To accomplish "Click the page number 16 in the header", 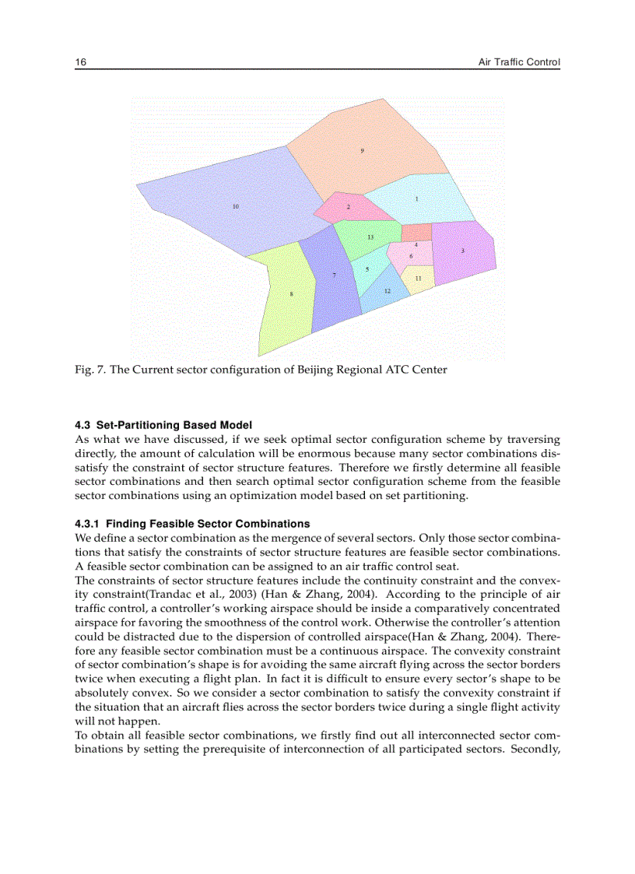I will click(79, 61).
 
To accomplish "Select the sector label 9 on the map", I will click(362, 149).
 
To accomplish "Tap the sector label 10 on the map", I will click(236, 206).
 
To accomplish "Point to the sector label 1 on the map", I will click(416, 199).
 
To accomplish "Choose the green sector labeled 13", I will click(370, 237).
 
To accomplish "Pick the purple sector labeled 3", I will click(463, 250).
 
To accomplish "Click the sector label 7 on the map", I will click(334, 276).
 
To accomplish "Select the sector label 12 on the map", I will click(387, 290).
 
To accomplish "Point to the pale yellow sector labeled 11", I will click(418, 279).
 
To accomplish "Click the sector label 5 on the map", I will click(367, 269).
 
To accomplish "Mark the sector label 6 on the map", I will click(411, 255).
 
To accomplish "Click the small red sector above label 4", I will click(416, 232).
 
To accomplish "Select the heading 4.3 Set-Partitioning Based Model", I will click(163, 425).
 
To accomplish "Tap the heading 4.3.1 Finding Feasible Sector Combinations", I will click(192, 523).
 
